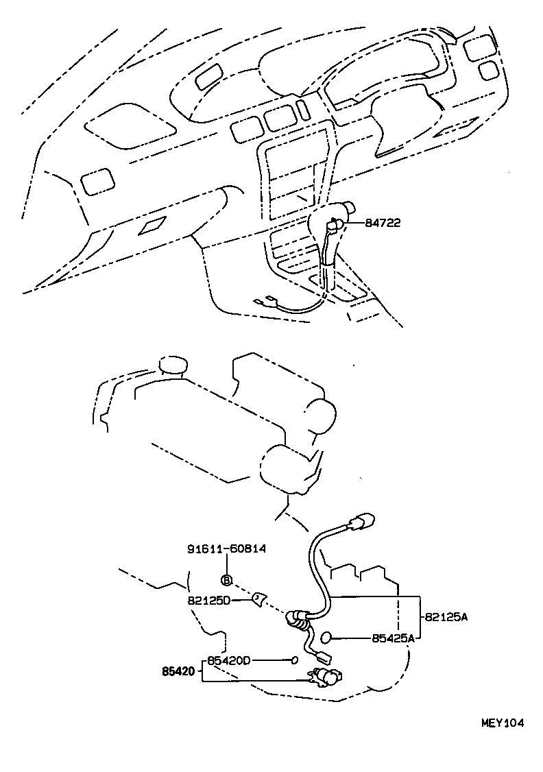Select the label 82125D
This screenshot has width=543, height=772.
[208, 600]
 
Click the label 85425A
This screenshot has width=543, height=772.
[394, 638]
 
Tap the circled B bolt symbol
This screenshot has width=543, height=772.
[227, 580]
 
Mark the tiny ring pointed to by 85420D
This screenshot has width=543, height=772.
[294, 660]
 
